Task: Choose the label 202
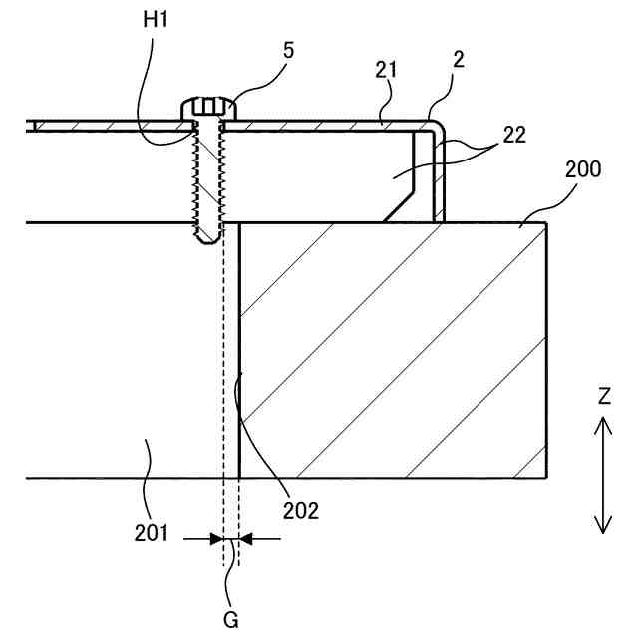pyautogui.click(x=299, y=511)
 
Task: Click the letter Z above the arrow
pyautogui.click(x=605, y=396)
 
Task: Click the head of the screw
pyautogui.click(x=208, y=107)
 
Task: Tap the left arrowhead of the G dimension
pyautogui.click(x=218, y=538)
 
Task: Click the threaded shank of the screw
pyautogui.click(x=208, y=179)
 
